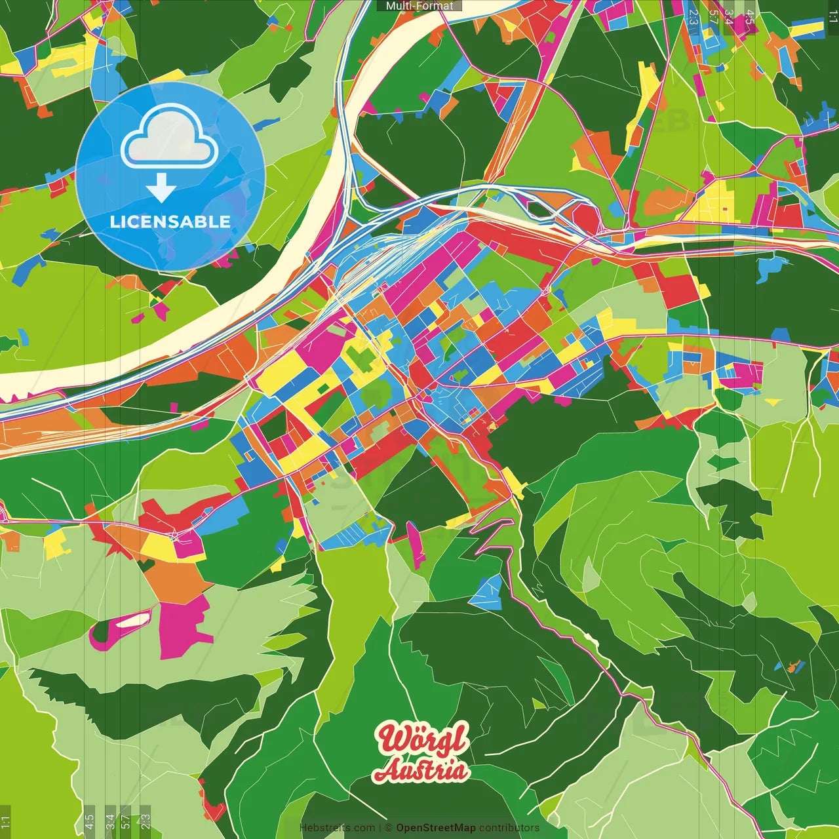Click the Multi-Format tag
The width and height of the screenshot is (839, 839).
(x=419, y=6)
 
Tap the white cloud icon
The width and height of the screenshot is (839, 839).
(x=169, y=138)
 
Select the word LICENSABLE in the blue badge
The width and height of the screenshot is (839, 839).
(x=170, y=222)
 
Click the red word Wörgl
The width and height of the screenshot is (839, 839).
(x=423, y=739)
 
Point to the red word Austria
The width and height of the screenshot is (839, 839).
(x=421, y=770)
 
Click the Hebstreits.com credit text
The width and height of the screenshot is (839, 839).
(x=337, y=828)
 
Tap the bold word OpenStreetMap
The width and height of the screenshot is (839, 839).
(x=436, y=828)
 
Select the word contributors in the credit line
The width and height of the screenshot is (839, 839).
(x=509, y=828)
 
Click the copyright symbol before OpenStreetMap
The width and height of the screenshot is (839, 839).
(x=389, y=828)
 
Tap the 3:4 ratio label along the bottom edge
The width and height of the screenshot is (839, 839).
(x=110, y=821)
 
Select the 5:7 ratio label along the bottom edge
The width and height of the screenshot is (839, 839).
(x=126, y=821)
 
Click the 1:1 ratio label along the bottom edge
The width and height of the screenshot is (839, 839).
(x=5, y=821)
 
